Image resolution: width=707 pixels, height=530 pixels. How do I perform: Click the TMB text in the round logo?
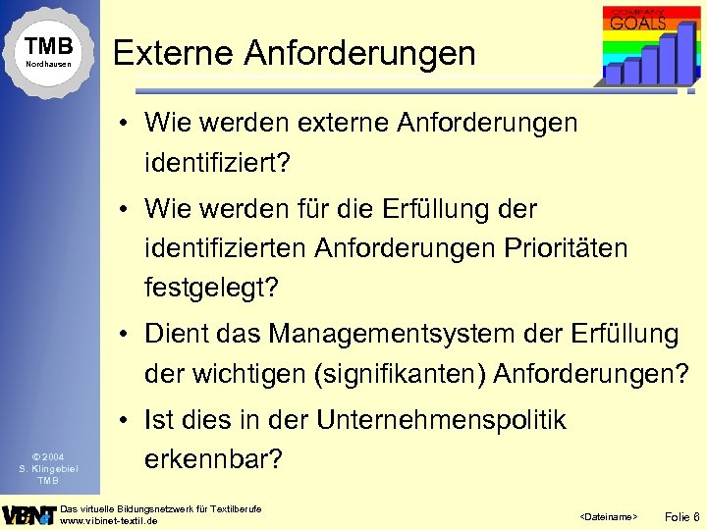coord(49,46)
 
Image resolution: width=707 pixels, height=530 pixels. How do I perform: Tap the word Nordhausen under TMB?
coord(49,65)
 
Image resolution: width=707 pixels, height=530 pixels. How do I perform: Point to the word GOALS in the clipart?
coord(638,22)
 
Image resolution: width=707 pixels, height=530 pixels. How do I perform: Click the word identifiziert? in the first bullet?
coord(218,161)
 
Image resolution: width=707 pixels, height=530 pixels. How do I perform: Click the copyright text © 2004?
coord(48,456)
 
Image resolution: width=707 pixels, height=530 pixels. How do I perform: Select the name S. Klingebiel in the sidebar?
coord(48,468)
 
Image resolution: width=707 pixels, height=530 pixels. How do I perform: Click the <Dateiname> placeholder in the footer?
coord(609,516)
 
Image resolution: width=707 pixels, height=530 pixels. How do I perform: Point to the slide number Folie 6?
coord(682,515)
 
